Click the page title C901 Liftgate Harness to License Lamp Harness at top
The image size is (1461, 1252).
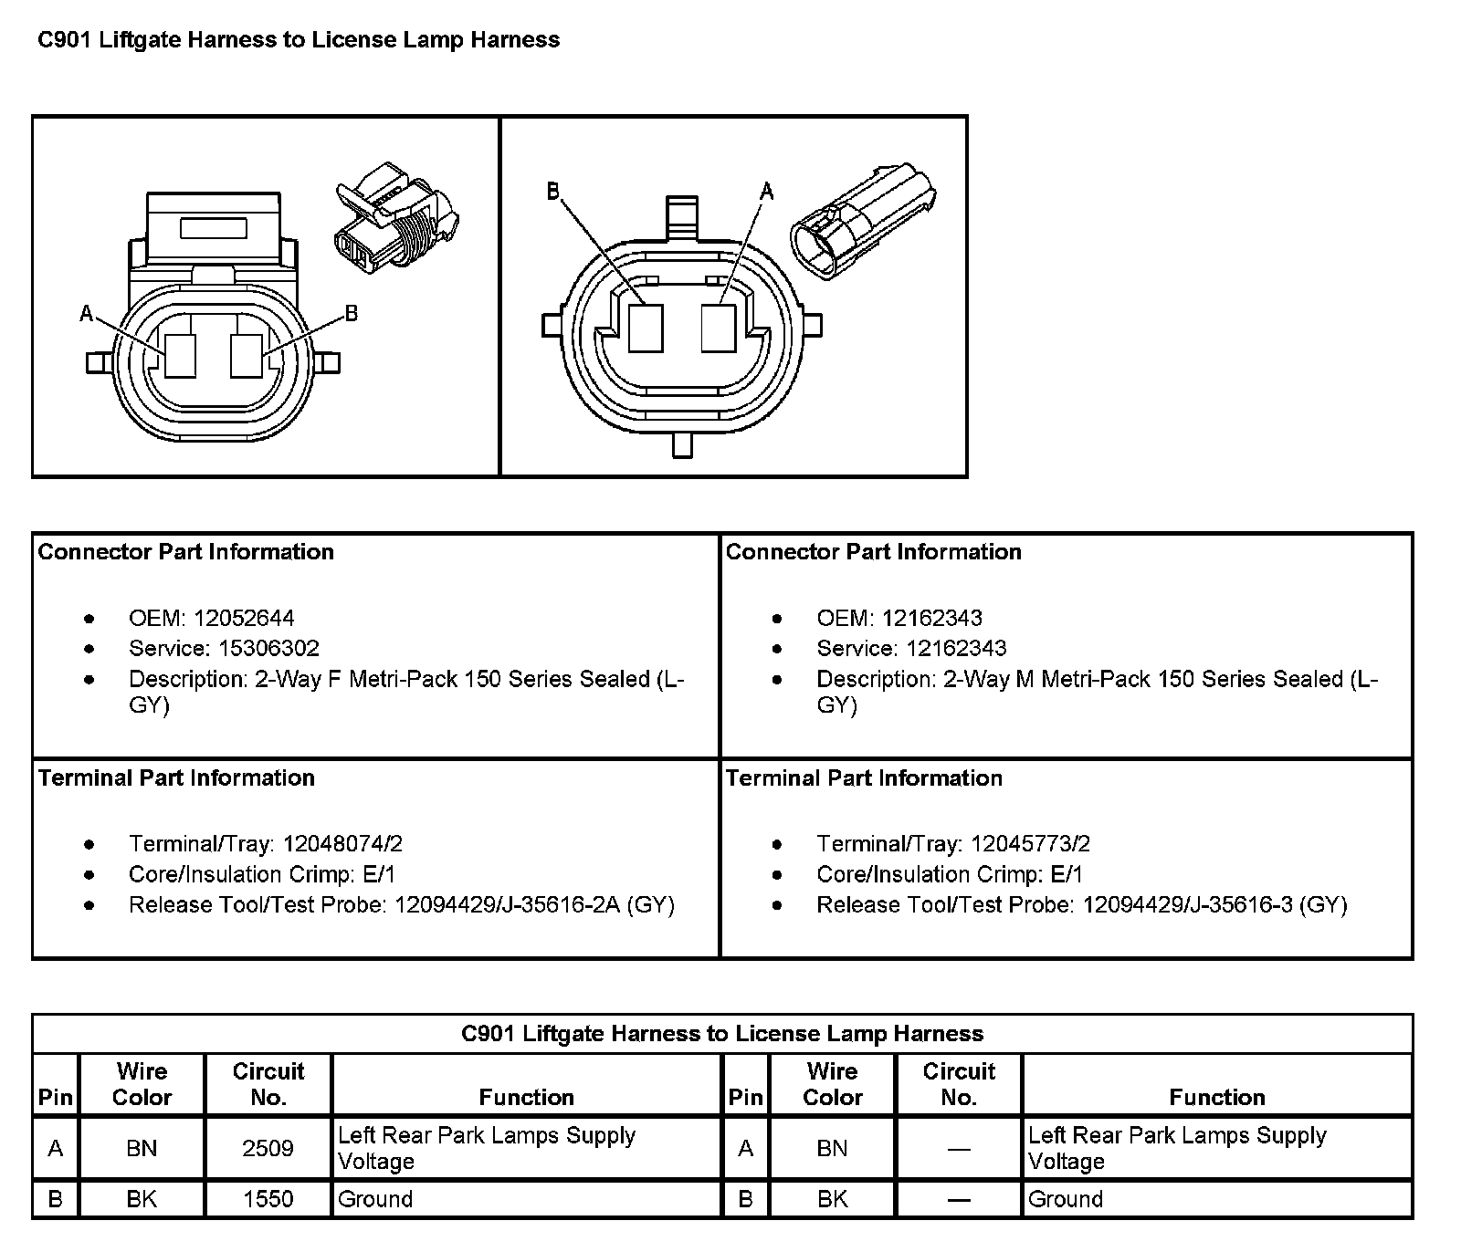[298, 40]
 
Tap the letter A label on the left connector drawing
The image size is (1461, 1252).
[87, 314]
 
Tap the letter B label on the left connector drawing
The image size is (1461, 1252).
[352, 314]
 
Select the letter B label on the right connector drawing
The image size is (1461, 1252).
[552, 191]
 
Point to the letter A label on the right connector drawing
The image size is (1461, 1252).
[767, 191]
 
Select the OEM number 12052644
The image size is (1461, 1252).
[244, 619]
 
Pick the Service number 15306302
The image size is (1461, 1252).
[268, 649]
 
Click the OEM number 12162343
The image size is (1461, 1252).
[931, 619]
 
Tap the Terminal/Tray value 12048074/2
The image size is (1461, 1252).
[342, 844]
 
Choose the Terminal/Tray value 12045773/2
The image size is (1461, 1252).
[1030, 844]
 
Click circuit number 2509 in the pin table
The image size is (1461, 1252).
[268, 1148]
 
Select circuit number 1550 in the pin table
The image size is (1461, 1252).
[268, 1199]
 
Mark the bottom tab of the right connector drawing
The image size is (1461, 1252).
[681, 444]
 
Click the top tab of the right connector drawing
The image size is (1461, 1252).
[681, 215]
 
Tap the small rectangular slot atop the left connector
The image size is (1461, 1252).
[214, 227]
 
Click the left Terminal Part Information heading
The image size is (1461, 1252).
[176, 778]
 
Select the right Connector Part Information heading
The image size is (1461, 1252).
[873, 552]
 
